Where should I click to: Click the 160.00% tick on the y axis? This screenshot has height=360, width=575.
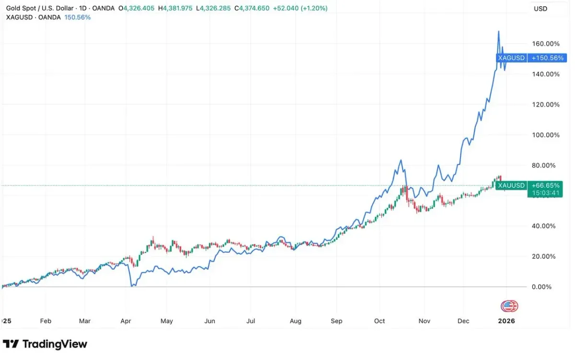pyautogui.click(x=545, y=44)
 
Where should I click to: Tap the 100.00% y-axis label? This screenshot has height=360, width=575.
pyautogui.click(x=545, y=135)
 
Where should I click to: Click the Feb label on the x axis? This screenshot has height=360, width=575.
pyautogui.click(x=46, y=321)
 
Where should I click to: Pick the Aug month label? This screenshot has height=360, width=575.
pyautogui.click(x=296, y=321)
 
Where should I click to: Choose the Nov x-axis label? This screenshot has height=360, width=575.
pyautogui.click(x=424, y=321)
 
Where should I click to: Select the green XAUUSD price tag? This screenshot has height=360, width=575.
pyautogui.click(x=511, y=186)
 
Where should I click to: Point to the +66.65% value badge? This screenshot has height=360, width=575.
pyautogui.click(x=544, y=186)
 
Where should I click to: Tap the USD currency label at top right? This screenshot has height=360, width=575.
pyautogui.click(x=540, y=9)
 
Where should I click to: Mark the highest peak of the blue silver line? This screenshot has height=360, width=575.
pyautogui.click(x=499, y=31)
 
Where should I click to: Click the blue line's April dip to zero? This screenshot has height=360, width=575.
pyautogui.click(x=132, y=286)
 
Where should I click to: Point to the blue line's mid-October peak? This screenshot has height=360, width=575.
pyautogui.click(x=400, y=160)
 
